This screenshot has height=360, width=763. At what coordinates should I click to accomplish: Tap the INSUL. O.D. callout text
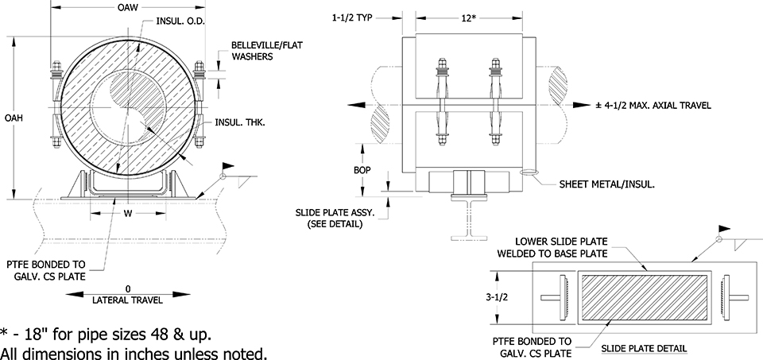[x=180, y=22]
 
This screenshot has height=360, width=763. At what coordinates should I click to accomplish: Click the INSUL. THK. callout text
[x=239, y=122]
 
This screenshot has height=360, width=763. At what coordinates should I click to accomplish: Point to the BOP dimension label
[x=361, y=169]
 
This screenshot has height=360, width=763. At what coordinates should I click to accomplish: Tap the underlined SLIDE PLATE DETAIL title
[x=645, y=348]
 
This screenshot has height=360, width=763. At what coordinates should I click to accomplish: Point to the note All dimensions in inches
[x=133, y=351]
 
